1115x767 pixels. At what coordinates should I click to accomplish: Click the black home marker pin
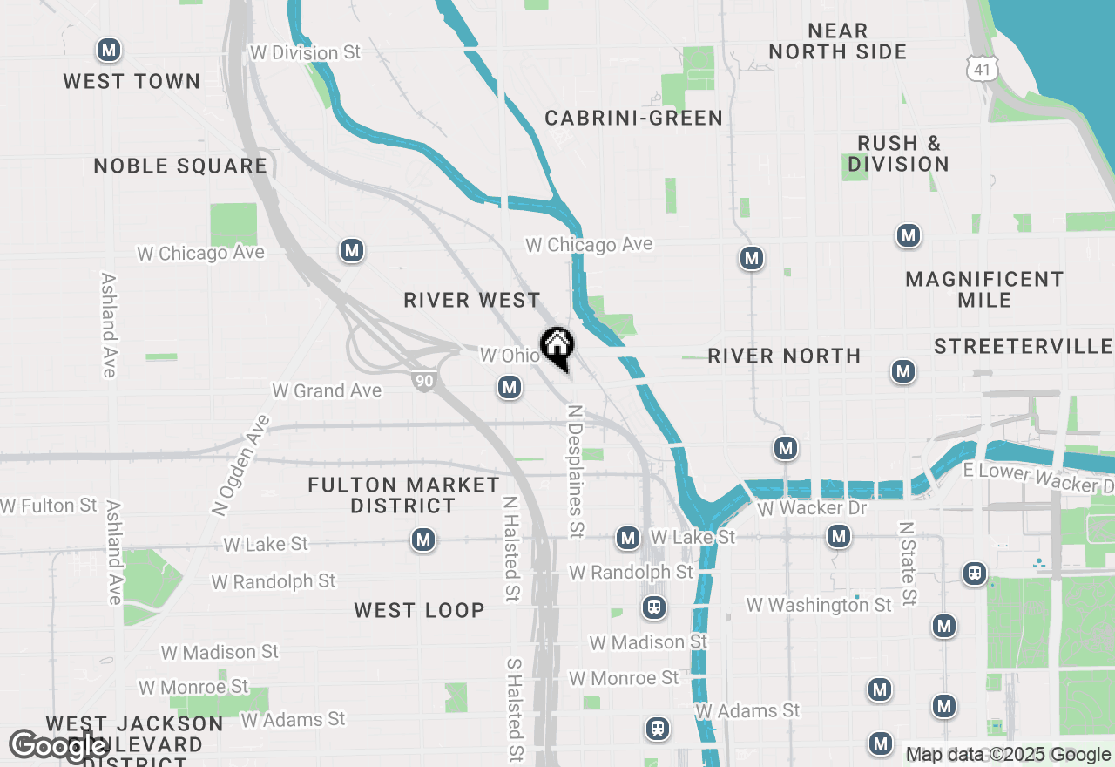click(557, 346)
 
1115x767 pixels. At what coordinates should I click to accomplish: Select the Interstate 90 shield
click(424, 380)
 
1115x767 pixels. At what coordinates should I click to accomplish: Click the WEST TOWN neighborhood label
click(132, 81)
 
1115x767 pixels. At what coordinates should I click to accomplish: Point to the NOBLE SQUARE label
click(180, 166)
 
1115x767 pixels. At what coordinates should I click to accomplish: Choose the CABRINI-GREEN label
click(634, 118)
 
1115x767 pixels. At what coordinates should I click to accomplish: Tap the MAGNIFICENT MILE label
click(984, 289)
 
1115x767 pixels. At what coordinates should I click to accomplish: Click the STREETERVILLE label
click(1024, 347)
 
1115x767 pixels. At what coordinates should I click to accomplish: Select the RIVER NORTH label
click(784, 356)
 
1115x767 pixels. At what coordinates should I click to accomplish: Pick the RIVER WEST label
click(472, 300)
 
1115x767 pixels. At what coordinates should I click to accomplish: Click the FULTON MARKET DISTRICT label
click(404, 495)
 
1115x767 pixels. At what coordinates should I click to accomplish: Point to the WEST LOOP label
click(419, 610)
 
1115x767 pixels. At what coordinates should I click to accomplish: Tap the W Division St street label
click(305, 52)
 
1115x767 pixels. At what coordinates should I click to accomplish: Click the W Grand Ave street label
click(327, 390)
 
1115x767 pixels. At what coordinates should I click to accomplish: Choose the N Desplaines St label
click(575, 471)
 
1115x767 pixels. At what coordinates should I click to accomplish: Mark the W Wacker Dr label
click(813, 507)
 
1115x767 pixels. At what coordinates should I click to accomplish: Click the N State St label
click(907, 564)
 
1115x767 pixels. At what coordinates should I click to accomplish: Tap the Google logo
click(57, 746)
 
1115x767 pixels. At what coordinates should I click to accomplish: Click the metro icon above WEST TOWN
click(109, 50)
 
